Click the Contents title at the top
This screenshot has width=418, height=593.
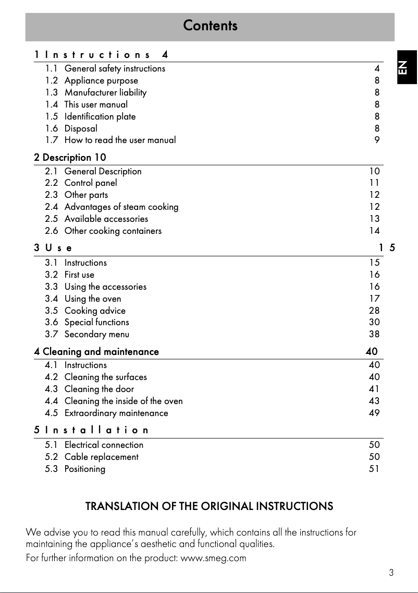click(210, 26)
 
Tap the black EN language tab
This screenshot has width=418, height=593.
click(405, 67)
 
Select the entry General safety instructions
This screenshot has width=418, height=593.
click(115, 68)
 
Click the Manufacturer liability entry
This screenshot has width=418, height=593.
click(105, 92)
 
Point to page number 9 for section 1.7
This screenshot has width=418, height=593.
click(377, 140)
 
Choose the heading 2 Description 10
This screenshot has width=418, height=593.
click(70, 157)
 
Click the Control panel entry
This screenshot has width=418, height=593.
click(91, 183)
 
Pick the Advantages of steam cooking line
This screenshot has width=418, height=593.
click(121, 207)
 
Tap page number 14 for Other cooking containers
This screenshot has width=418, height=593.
click(374, 231)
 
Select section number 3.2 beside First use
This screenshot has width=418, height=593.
click(51, 275)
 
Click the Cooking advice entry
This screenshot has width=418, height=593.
click(95, 311)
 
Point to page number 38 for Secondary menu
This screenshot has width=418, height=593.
click(374, 334)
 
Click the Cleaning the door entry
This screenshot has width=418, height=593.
click(99, 389)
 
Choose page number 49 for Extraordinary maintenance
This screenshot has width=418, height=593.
click(374, 413)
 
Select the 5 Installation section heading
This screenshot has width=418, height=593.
click(91, 430)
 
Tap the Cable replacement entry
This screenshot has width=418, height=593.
click(102, 457)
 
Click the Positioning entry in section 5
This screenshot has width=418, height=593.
click(85, 469)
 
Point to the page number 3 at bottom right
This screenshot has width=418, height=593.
click(391, 573)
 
